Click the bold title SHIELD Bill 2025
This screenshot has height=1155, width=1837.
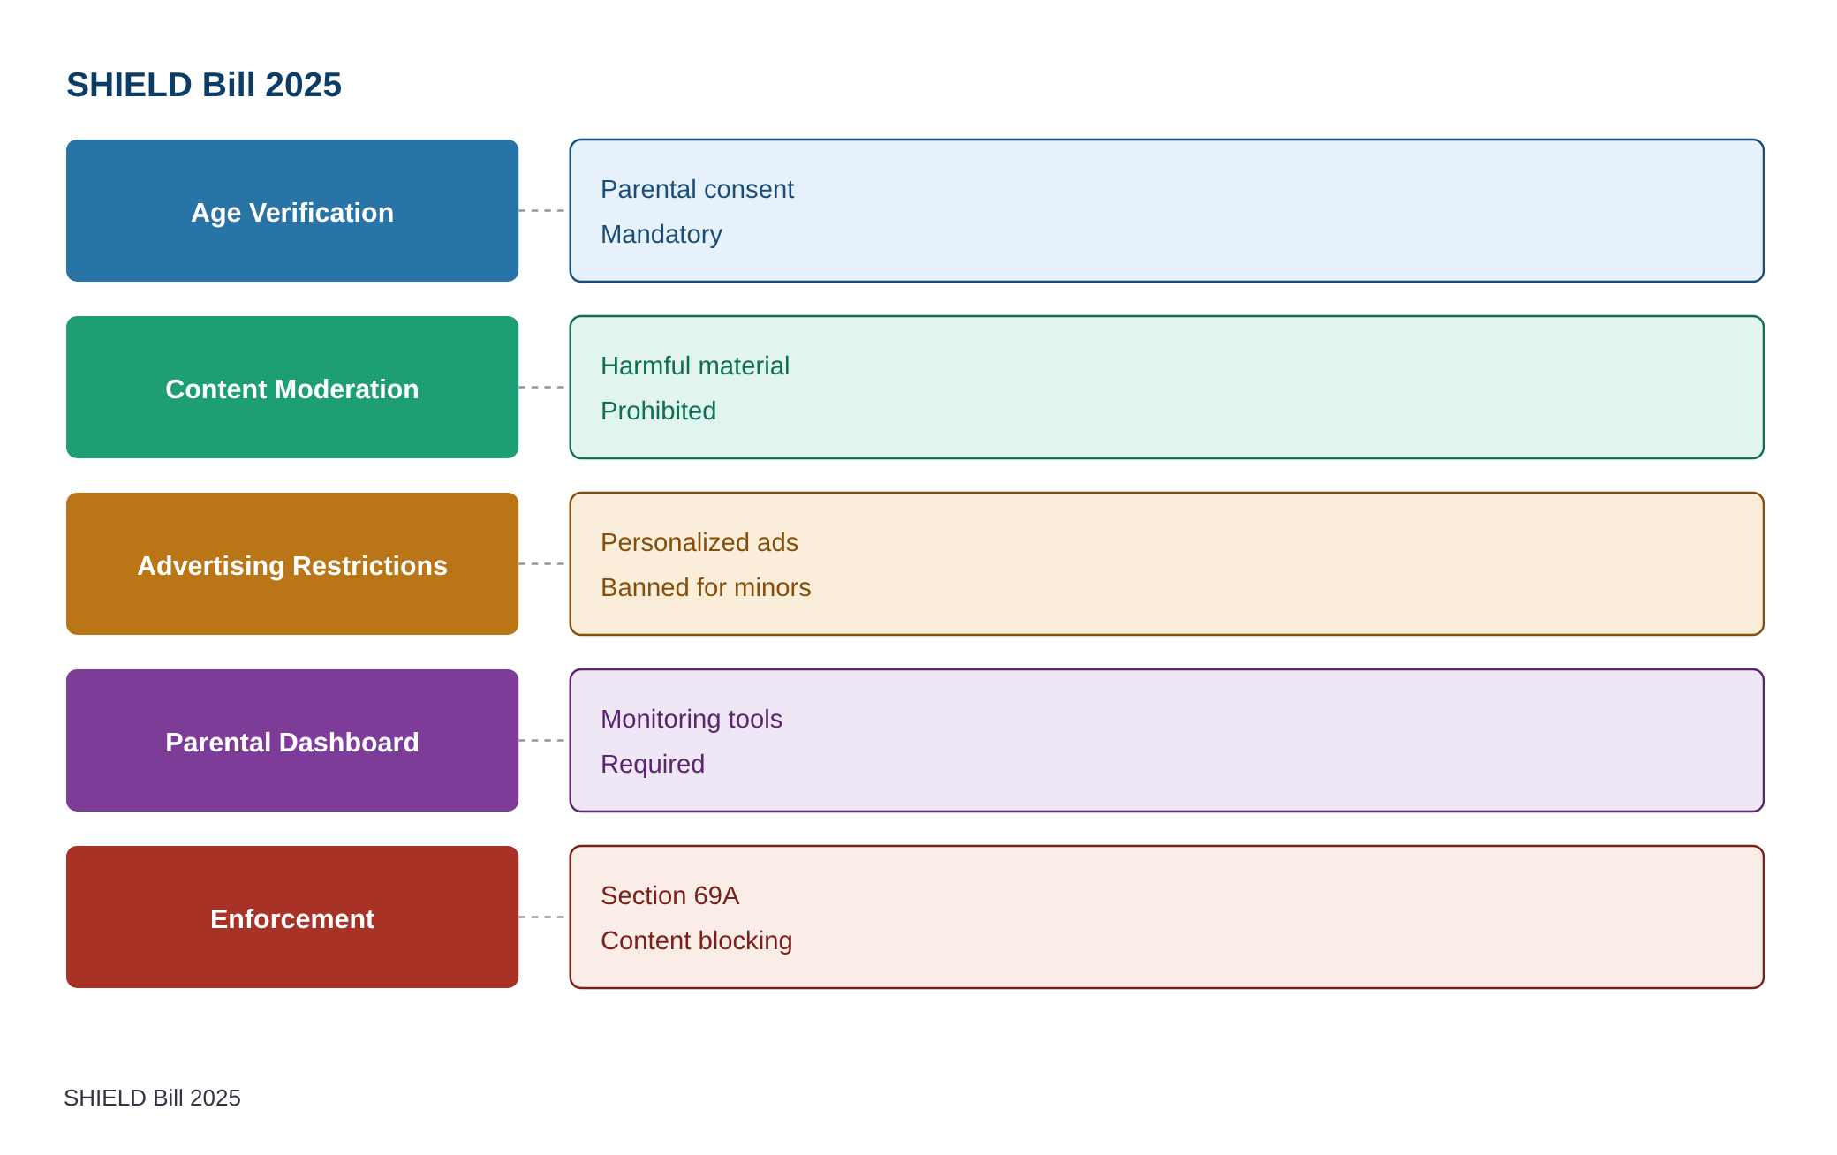tap(204, 85)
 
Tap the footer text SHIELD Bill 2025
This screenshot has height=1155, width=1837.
tap(152, 1098)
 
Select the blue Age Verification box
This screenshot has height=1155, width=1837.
tap(292, 210)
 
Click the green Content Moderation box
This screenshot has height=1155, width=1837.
tap(292, 387)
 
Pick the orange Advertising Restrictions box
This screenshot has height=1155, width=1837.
tap(292, 563)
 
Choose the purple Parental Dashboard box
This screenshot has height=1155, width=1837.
tap(292, 740)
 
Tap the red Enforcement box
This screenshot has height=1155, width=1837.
tap(292, 917)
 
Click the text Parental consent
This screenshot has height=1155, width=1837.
tap(697, 189)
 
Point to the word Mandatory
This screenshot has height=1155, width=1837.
tap(661, 234)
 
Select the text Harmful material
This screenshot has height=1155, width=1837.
tap(695, 366)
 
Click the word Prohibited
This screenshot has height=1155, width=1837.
tap(658, 411)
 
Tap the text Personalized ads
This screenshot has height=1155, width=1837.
tap(699, 542)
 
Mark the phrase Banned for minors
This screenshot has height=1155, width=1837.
tap(706, 587)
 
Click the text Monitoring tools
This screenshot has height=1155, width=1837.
tap(692, 719)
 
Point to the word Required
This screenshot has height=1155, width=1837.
tap(653, 764)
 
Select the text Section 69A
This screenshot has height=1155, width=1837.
tap(669, 895)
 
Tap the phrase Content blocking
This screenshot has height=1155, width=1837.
tap(696, 940)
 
